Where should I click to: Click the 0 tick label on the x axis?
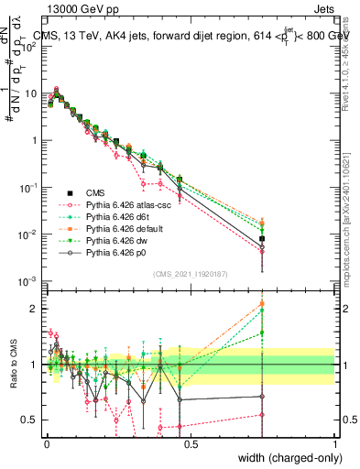pyautogui.click(x=45, y=442)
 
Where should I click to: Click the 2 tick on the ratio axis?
pyautogui.click(x=34, y=308)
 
